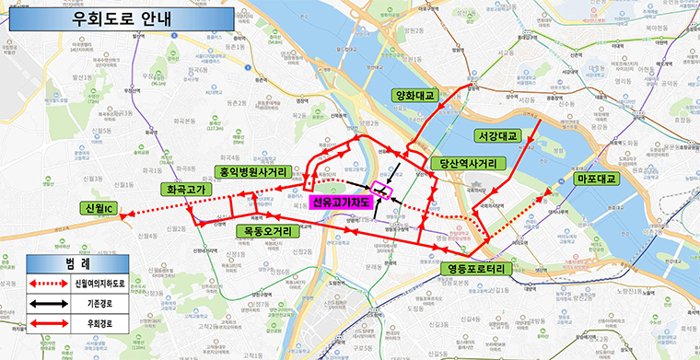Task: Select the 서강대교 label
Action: coord(498,134)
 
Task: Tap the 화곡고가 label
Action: coord(187,190)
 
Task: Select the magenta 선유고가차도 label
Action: coord(338,203)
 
